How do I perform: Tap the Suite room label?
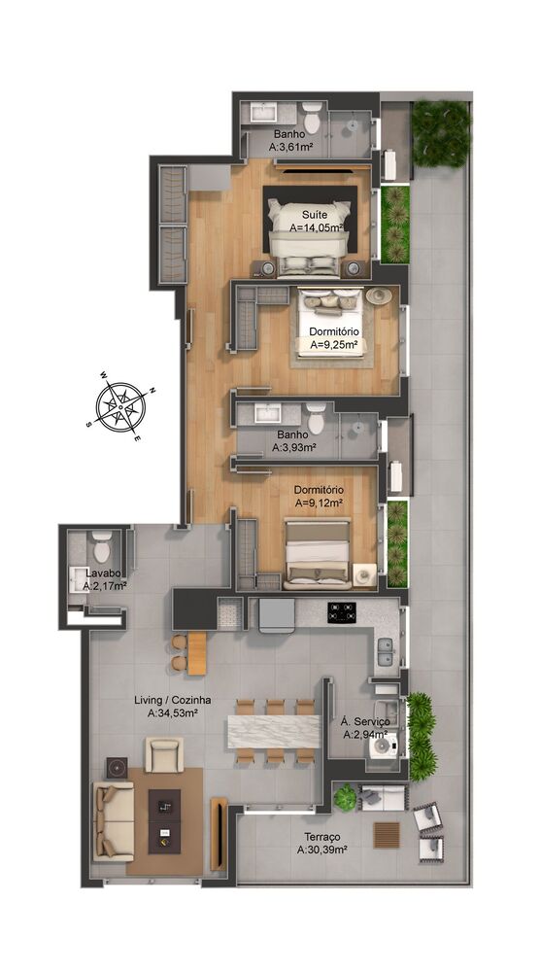point(313,214)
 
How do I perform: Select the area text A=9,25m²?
point(334,344)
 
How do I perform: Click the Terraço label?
point(320,836)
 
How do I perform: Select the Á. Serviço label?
point(365,722)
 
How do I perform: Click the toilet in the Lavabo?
point(101,546)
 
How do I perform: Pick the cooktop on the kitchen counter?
point(342,612)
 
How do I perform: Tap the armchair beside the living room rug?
point(163,752)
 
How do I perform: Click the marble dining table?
point(274,730)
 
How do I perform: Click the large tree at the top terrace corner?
point(441,133)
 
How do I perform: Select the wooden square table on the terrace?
point(387,835)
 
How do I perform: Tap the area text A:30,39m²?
point(321,850)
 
